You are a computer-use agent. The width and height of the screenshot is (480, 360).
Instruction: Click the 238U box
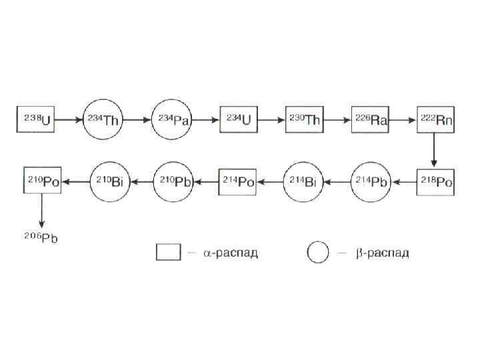(35, 120)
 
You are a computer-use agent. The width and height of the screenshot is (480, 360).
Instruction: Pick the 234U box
(238, 120)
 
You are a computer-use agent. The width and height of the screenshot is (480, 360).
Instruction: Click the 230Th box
(305, 120)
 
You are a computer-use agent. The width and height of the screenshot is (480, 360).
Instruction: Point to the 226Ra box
(371, 120)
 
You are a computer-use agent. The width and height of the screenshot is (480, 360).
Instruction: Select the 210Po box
(42, 181)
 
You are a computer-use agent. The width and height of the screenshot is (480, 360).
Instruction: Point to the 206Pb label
(42, 237)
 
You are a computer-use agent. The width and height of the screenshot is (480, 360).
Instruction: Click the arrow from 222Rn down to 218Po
(434, 151)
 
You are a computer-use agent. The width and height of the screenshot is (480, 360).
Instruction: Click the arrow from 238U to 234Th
(69, 121)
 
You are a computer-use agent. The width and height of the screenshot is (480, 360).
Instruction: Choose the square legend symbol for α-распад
(169, 252)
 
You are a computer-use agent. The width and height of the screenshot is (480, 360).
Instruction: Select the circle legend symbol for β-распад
(318, 253)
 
